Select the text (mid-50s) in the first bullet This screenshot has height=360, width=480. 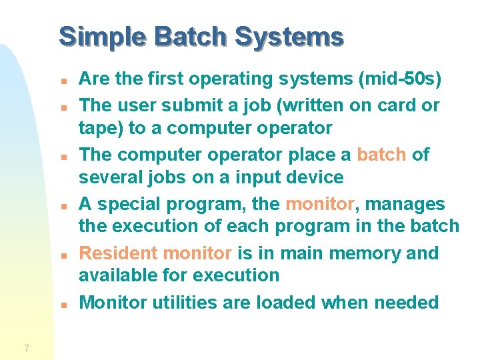400,79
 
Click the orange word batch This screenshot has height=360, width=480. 381,155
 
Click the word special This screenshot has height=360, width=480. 130,204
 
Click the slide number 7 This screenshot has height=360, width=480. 26,347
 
